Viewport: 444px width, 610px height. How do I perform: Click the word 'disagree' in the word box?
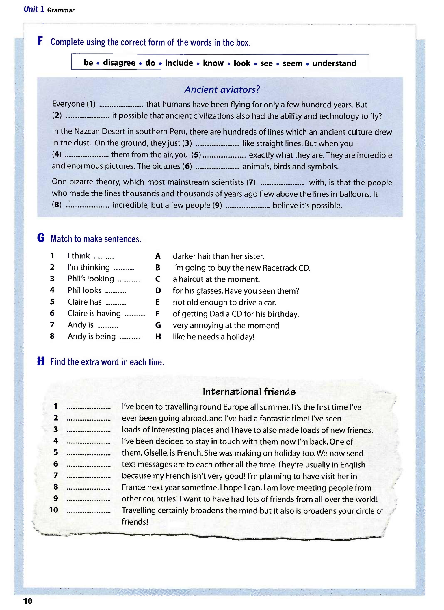click(x=119, y=63)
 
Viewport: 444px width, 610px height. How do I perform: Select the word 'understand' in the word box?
click(x=334, y=63)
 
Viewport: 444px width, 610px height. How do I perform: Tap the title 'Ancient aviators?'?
click(x=222, y=89)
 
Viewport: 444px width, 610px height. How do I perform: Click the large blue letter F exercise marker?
click(x=40, y=41)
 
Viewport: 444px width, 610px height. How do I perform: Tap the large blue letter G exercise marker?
click(x=41, y=238)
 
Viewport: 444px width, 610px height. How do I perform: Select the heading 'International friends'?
click(x=249, y=391)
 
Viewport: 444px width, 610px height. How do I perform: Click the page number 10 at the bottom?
click(x=28, y=601)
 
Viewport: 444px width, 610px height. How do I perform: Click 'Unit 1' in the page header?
click(x=34, y=9)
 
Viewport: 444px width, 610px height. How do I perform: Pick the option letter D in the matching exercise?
click(x=158, y=291)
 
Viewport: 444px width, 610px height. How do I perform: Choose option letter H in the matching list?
click(x=158, y=337)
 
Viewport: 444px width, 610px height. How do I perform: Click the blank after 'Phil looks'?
click(x=116, y=292)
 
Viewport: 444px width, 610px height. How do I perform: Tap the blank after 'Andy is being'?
click(x=130, y=338)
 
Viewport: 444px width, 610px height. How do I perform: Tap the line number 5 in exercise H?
click(x=55, y=452)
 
